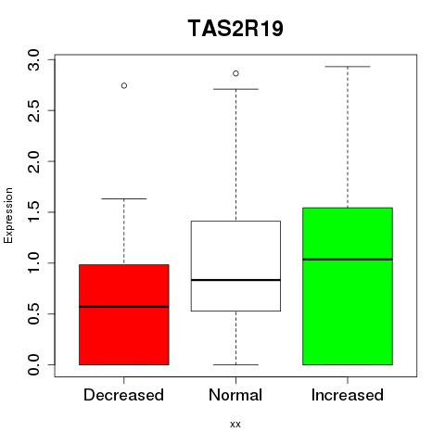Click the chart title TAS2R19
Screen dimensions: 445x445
pyautogui.click(x=235, y=29)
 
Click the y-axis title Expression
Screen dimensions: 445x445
pyautogui.click(x=8, y=215)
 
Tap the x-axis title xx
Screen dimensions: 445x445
pyautogui.click(x=235, y=425)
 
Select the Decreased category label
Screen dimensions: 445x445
pyautogui.click(x=123, y=395)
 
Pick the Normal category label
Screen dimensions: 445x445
pyautogui.click(x=235, y=395)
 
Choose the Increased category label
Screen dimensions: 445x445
pyautogui.click(x=348, y=395)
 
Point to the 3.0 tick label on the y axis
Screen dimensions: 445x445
pyautogui.click(x=33, y=60)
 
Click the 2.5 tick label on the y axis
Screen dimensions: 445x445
pyautogui.click(x=33, y=110)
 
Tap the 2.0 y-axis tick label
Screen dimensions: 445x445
pyautogui.click(x=33, y=161)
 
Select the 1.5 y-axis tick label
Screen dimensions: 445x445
pyautogui.click(x=33, y=212)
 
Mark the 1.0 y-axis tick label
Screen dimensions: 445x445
pyautogui.click(x=33, y=263)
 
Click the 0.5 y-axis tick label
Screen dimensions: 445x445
pyautogui.click(x=33, y=314)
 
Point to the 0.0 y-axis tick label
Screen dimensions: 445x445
pyautogui.click(x=33, y=364)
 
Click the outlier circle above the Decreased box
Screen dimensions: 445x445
pyautogui.click(x=124, y=85)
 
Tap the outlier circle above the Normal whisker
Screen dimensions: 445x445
pyautogui.click(x=235, y=73)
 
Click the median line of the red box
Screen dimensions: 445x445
pyautogui.click(x=124, y=307)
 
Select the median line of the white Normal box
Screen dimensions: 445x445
pyautogui.click(x=235, y=280)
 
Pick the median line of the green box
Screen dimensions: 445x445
pyautogui.click(x=348, y=260)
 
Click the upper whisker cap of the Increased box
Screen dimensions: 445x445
pyautogui.click(x=348, y=67)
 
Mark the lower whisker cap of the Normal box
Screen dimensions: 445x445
pyautogui.click(x=235, y=364)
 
